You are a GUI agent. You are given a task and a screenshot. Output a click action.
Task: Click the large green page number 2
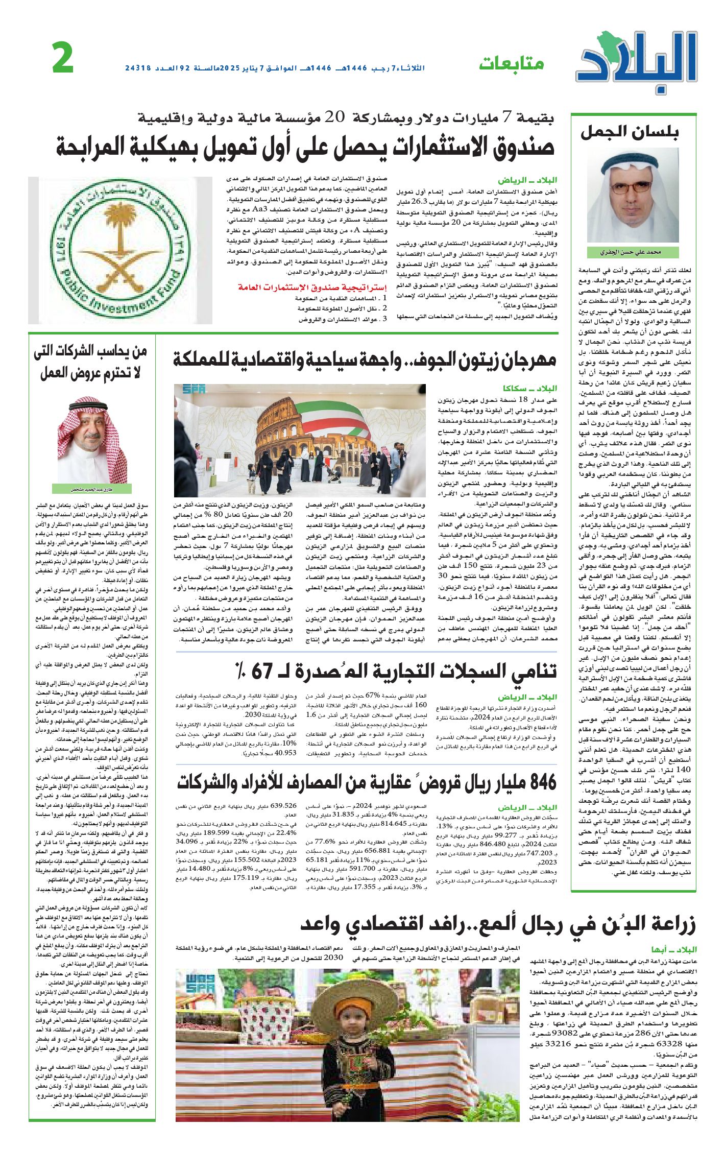point(63,59)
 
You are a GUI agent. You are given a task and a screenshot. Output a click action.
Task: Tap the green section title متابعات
point(511,64)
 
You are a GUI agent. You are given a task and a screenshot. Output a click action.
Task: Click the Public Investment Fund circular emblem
point(120,250)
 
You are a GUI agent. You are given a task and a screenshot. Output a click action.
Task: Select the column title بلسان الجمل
point(630,133)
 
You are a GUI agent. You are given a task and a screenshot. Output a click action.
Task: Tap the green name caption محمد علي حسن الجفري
point(632,252)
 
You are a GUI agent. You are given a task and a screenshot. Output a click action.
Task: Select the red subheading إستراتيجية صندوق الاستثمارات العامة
point(312,287)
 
